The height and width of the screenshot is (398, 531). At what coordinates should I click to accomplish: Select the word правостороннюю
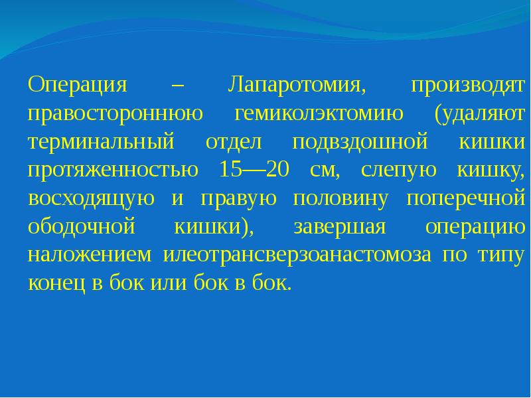point(115,114)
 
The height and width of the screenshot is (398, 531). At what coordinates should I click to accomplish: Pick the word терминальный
point(101,143)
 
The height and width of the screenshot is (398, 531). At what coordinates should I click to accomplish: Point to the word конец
point(56,284)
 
